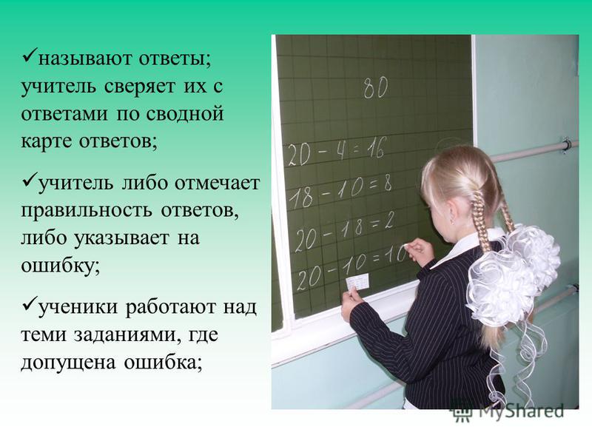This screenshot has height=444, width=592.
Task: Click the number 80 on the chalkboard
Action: (376, 87)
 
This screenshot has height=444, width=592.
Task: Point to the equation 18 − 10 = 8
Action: (340, 192)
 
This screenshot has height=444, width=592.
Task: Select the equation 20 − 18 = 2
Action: (344, 229)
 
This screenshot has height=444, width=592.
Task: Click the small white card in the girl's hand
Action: (357, 282)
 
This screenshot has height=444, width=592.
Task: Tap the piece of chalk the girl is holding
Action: (406, 246)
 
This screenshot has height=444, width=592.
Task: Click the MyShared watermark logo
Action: (508, 411)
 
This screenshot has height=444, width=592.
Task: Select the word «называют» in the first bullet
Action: (85, 59)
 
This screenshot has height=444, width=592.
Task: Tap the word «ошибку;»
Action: (61, 265)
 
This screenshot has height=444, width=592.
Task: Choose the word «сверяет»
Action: (140, 86)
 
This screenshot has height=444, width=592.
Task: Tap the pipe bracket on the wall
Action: (565, 145)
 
